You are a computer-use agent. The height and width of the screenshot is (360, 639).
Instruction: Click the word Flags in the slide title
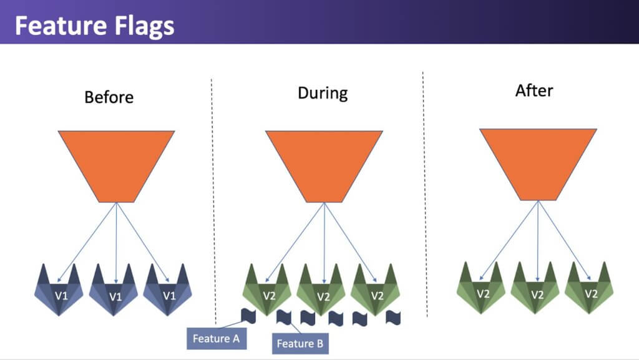click(144, 26)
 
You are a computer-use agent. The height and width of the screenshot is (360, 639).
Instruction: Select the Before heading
click(109, 97)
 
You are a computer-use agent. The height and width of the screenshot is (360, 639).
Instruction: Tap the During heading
click(323, 93)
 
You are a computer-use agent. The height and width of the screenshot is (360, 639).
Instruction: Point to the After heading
click(534, 90)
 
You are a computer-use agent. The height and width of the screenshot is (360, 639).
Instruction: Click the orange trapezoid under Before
click(117, 166)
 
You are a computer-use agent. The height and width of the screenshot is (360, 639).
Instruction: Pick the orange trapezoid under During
click(324, 166)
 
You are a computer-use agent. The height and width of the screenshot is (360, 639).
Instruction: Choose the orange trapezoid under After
click(538, 165)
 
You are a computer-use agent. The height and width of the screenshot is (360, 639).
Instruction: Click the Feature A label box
click(217, 338)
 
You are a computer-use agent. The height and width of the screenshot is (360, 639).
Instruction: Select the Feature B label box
click(300, 343)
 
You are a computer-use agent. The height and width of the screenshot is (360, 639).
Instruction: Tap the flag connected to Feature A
click(248, 316)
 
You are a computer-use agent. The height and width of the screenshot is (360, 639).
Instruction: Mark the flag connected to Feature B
click(284, 317)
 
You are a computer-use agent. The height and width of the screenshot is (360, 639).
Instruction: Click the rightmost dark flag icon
click(393, 318)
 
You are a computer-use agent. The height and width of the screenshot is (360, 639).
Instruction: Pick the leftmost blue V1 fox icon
click(59, 290)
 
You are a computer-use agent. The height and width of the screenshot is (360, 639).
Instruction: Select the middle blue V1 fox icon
click(114, 290)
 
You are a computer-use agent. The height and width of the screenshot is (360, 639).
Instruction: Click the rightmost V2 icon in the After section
click(589, 288)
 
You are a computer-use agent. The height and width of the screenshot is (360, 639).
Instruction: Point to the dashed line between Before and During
click(213, 202)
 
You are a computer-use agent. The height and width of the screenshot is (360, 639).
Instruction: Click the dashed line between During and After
click(425, 194)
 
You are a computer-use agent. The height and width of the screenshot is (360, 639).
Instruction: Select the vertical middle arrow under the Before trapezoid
click(117, 243)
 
